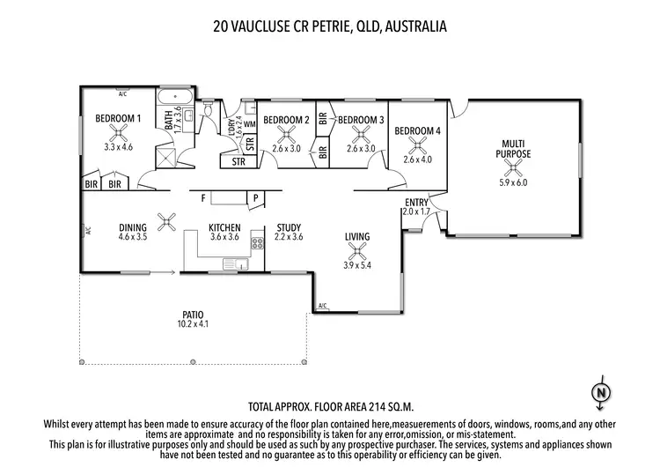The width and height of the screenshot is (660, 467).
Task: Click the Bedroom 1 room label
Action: (119, 119)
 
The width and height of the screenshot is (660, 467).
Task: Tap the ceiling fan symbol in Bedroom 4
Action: (418, 146)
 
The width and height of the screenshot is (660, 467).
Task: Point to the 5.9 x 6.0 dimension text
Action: (514, 182)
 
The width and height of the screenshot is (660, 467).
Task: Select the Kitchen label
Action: (224, 227)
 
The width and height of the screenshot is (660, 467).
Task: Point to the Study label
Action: (289, 227)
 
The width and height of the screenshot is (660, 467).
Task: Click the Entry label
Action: (416, 203)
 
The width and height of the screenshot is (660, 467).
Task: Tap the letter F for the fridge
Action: (202, 197)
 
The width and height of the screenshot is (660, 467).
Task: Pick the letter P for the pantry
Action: (255, 197)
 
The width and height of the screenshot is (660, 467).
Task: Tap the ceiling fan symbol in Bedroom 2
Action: (286, 134)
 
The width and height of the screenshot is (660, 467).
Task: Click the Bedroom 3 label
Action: (361, 120)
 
